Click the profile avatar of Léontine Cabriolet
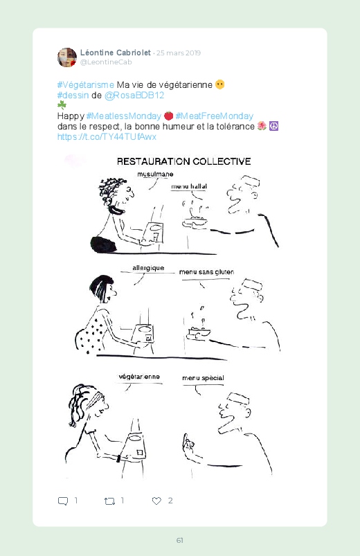[67, 57]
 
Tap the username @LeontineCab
[106, 62]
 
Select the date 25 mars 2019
[179, 53]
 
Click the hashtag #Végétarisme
[85, 85]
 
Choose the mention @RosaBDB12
[134, 96]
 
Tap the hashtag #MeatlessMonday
[124, 116]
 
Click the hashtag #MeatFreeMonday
[215, 116]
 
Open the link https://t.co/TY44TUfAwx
[107, 137]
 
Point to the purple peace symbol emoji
[274, 126]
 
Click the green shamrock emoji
[62, 105]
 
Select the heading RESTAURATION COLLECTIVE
[183, 162]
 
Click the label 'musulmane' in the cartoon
[155, 174]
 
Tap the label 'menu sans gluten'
[206, 272]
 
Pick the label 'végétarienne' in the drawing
[139, 377]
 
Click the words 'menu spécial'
[203, 378]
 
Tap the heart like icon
[156, 501]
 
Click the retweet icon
[109, 501]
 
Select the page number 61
[180, 540]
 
